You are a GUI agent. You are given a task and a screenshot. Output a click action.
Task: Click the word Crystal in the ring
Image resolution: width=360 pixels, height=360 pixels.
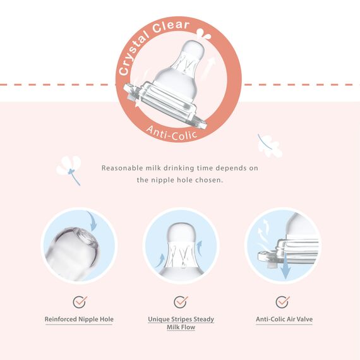133,53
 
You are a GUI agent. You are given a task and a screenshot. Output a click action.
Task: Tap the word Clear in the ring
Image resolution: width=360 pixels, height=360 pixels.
171,26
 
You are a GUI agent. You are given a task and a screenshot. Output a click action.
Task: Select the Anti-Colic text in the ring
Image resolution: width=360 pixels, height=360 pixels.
172,133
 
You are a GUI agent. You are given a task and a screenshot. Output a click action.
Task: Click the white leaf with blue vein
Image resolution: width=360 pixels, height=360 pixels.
269,145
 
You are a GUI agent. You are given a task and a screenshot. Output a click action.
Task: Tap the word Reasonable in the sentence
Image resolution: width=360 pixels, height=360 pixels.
122,168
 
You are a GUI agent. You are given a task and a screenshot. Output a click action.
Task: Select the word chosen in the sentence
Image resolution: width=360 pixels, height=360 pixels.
209,180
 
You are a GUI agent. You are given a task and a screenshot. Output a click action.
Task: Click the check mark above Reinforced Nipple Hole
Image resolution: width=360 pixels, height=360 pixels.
80,302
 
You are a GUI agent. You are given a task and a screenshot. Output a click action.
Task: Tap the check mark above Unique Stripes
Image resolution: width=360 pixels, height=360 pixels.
181,302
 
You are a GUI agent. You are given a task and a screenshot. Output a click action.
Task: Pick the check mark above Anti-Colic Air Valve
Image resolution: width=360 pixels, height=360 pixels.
282,302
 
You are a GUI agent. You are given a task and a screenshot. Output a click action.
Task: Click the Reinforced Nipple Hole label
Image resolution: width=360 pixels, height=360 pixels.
79,319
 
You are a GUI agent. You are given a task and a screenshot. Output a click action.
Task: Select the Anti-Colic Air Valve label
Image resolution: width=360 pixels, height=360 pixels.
284,319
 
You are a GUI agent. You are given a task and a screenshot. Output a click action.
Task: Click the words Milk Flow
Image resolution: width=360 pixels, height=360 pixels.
181,327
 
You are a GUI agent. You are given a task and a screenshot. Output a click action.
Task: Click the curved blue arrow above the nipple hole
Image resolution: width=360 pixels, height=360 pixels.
92,221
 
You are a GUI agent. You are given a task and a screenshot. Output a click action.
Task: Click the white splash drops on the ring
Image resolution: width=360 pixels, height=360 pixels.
203,34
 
